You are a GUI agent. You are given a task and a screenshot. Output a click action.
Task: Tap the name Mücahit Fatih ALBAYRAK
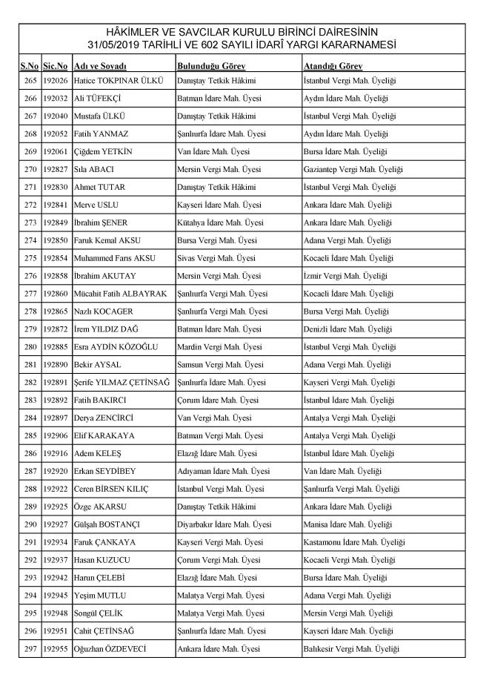[121, 294]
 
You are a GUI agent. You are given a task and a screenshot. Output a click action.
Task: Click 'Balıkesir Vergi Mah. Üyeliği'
[351, 650]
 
